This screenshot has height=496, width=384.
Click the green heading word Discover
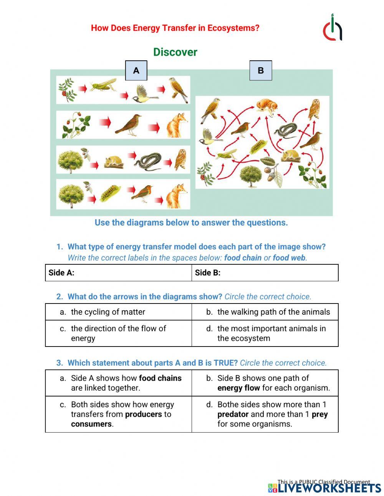pos(175,52)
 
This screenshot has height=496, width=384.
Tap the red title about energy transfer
pos(175,28)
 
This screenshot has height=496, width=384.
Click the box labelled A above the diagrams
pos(136,70)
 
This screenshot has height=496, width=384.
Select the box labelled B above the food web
pos(261,70)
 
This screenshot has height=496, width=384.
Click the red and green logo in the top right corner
pos(333,28)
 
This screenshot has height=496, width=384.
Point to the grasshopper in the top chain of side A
pos(103,85)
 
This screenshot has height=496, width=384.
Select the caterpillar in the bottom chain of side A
pos(110,193)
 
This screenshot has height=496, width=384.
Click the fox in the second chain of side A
pos(177,124)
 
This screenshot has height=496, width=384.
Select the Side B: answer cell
pos(265,273)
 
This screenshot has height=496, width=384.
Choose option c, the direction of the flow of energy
pos(118,333)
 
